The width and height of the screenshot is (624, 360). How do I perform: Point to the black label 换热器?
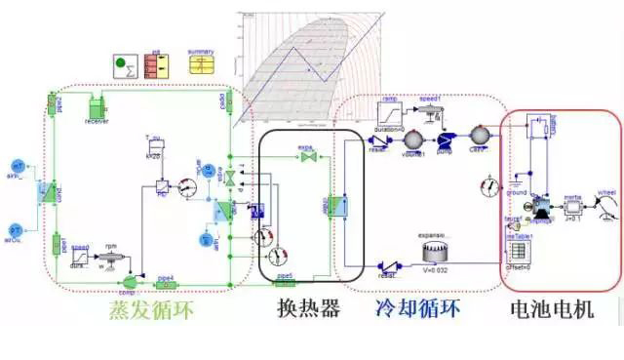[309, 310]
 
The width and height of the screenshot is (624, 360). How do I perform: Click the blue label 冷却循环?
[417, 310]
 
